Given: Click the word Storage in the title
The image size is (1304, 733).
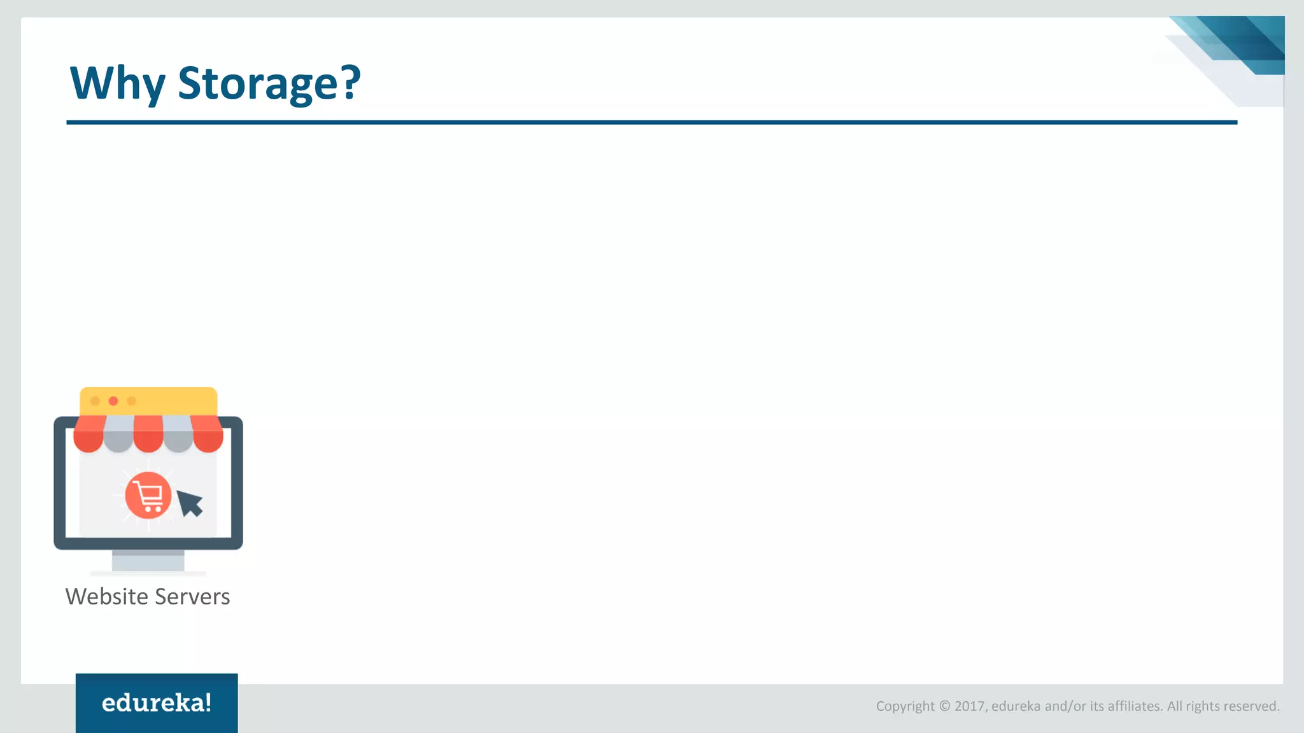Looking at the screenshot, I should pyautogui.click(x=259, y=83).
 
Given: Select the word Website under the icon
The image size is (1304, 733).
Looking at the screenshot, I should pyautogui.click(x=107, y=597).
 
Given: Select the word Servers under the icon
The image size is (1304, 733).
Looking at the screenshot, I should pyautogui.click(x=192, y=597).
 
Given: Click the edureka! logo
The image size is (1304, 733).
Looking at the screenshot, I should pyautogui.click(x=157, y=703).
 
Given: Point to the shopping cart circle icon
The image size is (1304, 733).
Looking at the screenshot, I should pyautogui.click(x=148, y=495).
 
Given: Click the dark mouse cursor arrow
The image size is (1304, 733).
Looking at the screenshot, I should pyautogui.click(x=189, y=503).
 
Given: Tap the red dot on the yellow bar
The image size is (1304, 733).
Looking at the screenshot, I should pyautogui.click(x=113, y=401).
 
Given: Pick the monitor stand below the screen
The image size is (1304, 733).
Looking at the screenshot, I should pyautogui.click(x=148, y=561).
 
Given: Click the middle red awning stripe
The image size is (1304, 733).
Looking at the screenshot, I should pyautogui.click(x=148, y=433).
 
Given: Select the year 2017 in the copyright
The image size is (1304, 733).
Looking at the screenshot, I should pyautogui.click(x=970, y=706).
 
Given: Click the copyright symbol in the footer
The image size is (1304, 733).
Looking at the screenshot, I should pyautogui.click(x=944, y=706).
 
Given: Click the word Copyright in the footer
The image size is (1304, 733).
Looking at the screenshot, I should pyautogui.click(x=905, y=706).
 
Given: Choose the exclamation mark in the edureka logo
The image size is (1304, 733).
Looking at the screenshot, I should pyautogui.click(x=207, y=702).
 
